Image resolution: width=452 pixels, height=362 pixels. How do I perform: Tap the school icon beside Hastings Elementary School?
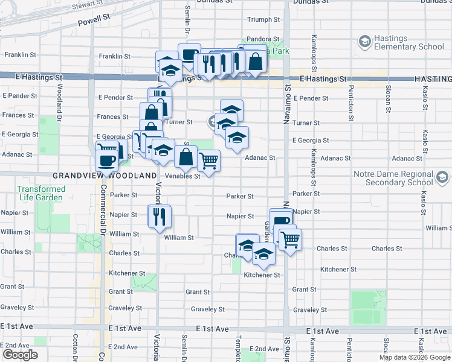tap(365, 42)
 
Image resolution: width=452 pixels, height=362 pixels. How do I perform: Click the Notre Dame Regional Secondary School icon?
tap(443, 177)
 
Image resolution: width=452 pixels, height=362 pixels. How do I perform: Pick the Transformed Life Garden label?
tap(40, 193)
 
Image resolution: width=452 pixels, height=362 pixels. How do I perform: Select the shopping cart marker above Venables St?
tap(208, 161)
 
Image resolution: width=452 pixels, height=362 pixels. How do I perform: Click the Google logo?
tap(20, 355)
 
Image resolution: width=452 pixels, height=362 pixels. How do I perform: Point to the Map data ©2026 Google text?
tap(415, 357)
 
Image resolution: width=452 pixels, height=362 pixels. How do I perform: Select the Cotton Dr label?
tap(76, 347)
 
